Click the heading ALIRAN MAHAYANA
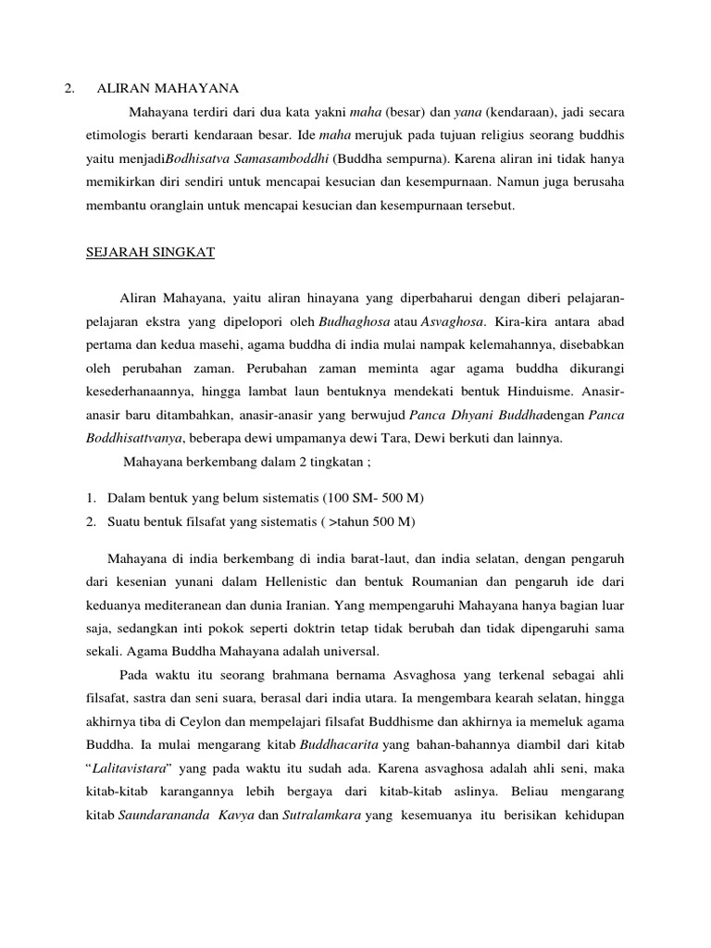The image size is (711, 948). click(168, 88)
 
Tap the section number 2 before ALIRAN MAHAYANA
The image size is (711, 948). click(69, 88)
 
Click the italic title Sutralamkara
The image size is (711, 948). click(323, 817)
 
